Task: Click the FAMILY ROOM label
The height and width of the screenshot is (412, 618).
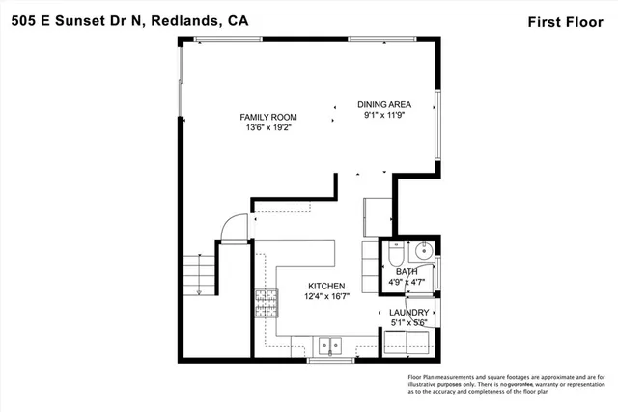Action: (268, 117)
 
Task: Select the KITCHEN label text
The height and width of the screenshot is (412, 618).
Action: (327, 287)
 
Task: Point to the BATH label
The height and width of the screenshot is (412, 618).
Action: (407, 273)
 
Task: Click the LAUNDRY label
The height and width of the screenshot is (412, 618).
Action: (408, 313)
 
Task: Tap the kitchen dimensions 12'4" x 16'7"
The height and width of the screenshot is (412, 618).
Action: (327, 296)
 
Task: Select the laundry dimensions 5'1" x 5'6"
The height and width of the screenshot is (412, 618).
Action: (408, 322)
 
